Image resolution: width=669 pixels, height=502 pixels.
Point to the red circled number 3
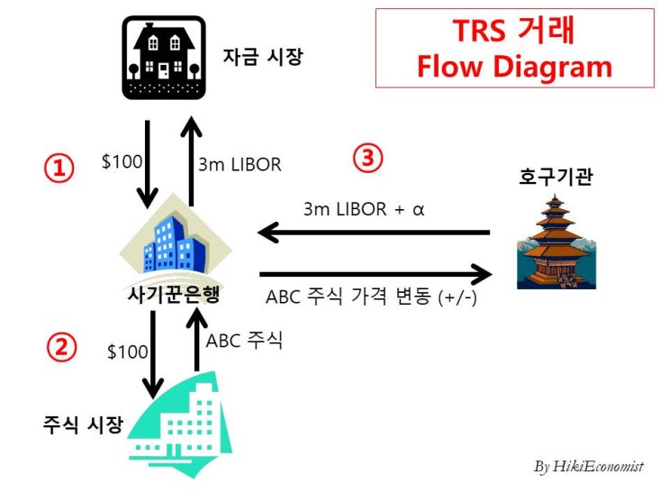[x=366, y=159]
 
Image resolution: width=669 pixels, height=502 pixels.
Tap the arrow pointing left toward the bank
[x=373, y=233]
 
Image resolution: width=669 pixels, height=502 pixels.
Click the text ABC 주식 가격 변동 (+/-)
[x=371, y=297]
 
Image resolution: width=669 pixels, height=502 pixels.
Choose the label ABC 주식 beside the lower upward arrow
[x=244, y=341]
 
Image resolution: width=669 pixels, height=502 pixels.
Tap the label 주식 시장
[x=82, y=424]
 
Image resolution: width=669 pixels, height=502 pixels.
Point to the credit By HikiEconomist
[x=588, y=467]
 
